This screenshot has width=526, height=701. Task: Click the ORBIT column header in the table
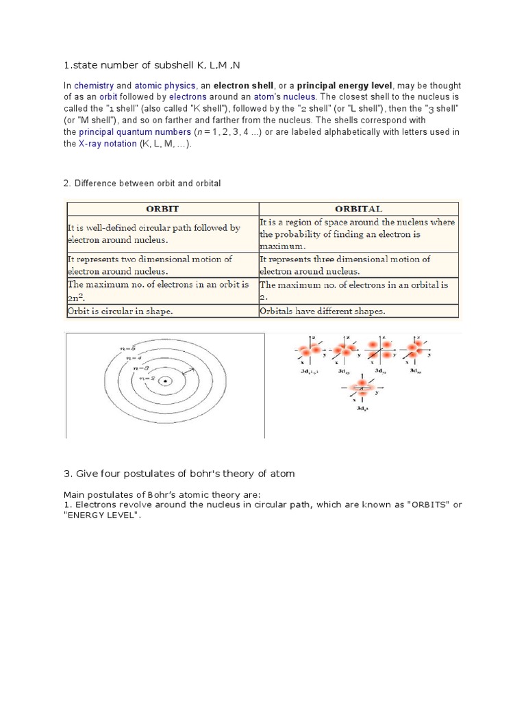(x=162, y=208)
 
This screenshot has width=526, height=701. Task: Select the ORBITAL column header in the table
(x=358, y=208)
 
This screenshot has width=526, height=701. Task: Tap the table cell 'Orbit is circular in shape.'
(x=120, y=310)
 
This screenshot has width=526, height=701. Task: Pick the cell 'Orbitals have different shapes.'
(x=323, y=310)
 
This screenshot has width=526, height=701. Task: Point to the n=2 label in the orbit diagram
(x=147, y=379)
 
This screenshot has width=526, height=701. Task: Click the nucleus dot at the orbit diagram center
(x=165, y=382)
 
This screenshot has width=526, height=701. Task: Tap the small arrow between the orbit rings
(x=189, y=370)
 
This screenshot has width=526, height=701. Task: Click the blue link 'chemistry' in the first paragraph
(x=93, y=86)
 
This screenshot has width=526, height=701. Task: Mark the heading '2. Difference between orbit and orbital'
(x=142, y=183)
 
